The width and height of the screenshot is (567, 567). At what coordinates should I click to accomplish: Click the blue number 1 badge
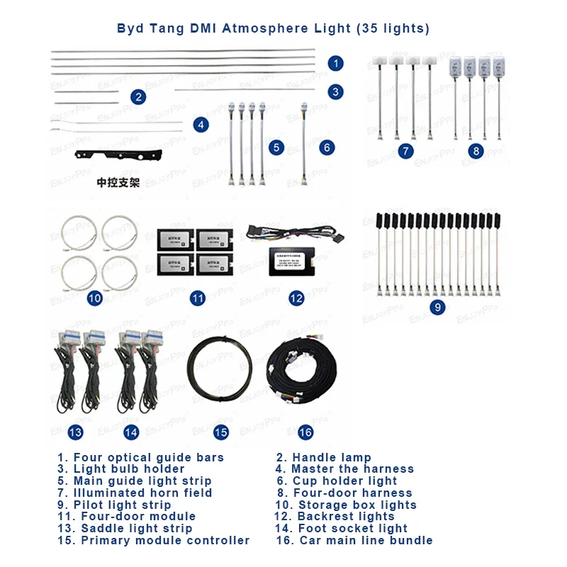(336, 63)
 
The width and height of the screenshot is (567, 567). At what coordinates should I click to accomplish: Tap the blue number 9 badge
(437, 308)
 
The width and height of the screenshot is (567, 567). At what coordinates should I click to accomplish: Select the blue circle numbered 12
(296, 298)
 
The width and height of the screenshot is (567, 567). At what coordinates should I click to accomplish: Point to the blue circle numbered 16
(305, 432)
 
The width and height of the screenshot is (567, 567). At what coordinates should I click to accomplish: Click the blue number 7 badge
(405, 151)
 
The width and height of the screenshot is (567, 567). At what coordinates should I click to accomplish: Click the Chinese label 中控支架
(118, 182)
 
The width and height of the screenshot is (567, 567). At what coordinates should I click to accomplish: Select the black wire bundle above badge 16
(305, 376)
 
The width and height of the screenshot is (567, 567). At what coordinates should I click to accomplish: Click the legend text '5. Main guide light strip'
(135, 481)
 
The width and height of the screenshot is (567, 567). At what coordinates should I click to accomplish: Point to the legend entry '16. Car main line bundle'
(354, 540)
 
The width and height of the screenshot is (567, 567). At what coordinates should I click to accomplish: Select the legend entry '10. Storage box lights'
(347, 505)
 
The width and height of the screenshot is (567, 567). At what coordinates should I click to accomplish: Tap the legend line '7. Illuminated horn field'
(135, 493)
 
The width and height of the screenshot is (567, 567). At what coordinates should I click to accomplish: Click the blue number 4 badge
(201, 125)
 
